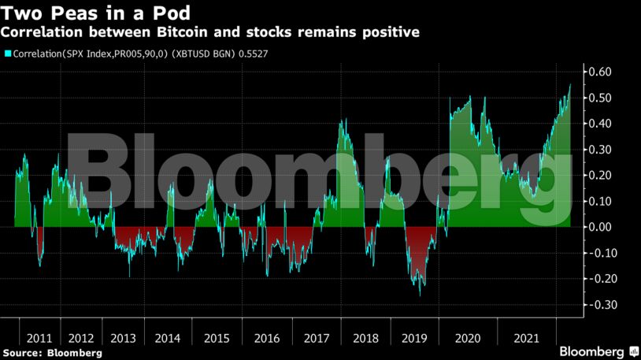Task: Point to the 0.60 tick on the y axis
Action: coord(601,72)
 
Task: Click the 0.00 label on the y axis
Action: coord(601,227)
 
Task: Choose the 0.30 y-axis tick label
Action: coord(601,150)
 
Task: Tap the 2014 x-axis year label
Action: coord(168,338)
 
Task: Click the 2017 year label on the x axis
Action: coord(316,338)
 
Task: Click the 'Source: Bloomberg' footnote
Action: coord(52,353)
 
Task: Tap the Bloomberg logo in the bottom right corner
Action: coord(598,350)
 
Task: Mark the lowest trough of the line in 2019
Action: coord(420,295)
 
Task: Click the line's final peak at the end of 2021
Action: coord(570,84)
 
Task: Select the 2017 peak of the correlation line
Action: coord(341,121)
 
